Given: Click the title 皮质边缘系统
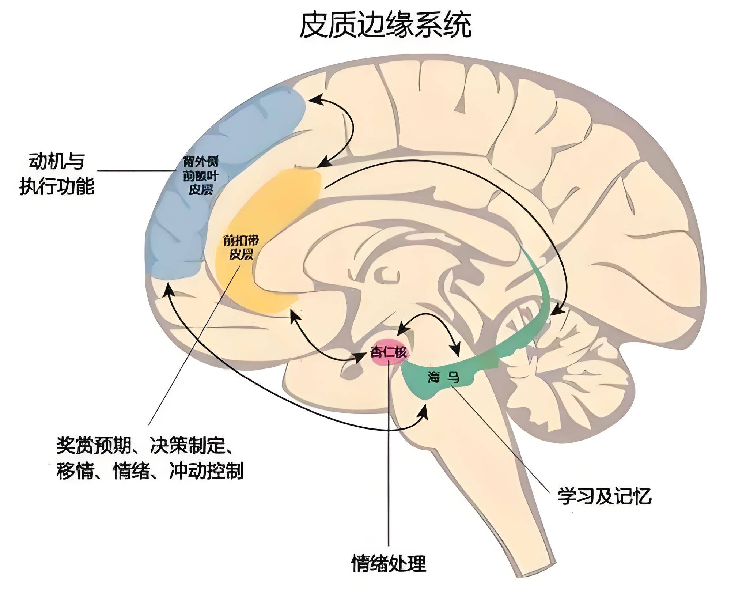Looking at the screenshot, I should (x=385, y=25).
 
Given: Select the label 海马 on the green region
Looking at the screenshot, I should (x=443, y=377).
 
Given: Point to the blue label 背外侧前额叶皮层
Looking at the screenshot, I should (x=201, y=175).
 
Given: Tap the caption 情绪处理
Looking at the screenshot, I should (x=389, y=574).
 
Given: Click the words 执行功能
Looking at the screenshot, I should (x=57, y=186).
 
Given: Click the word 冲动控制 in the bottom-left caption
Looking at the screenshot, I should (x=206, y=471).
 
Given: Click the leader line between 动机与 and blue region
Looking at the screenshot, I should (x=135, y=170).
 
